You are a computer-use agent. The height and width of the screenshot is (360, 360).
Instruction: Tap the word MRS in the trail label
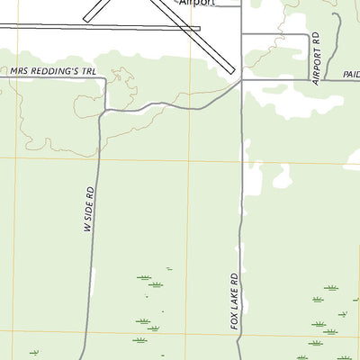20,70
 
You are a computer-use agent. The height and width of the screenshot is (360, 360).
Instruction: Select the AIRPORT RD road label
316,58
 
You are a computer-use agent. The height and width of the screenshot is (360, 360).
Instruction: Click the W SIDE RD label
89,210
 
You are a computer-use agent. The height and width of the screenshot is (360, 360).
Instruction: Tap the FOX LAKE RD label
234,301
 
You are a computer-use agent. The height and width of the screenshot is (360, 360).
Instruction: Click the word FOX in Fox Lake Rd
234,319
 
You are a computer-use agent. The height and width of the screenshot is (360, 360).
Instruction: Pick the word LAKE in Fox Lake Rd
234,300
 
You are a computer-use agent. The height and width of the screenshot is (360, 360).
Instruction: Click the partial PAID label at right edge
350,75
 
